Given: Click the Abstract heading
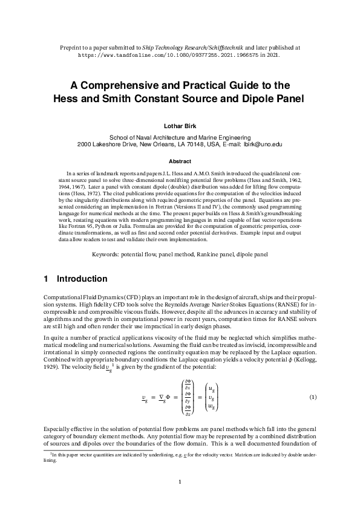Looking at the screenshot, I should [x=180, y=161].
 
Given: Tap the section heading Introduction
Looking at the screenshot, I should [x=82, y=279].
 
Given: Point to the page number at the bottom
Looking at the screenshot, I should [x=180, y=482].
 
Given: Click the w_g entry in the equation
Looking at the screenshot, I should [x=214, y=406].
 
